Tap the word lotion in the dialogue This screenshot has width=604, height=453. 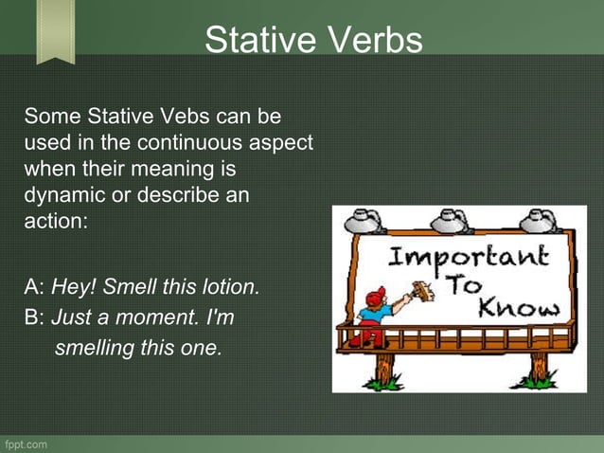pos(229,286)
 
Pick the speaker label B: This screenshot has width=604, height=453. pos(35,317)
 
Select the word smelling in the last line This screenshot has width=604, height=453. pos(95,348)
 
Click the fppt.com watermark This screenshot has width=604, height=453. pos(26,444)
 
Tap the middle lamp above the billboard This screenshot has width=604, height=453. pos(452,223)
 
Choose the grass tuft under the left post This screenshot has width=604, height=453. pos(383,383)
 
